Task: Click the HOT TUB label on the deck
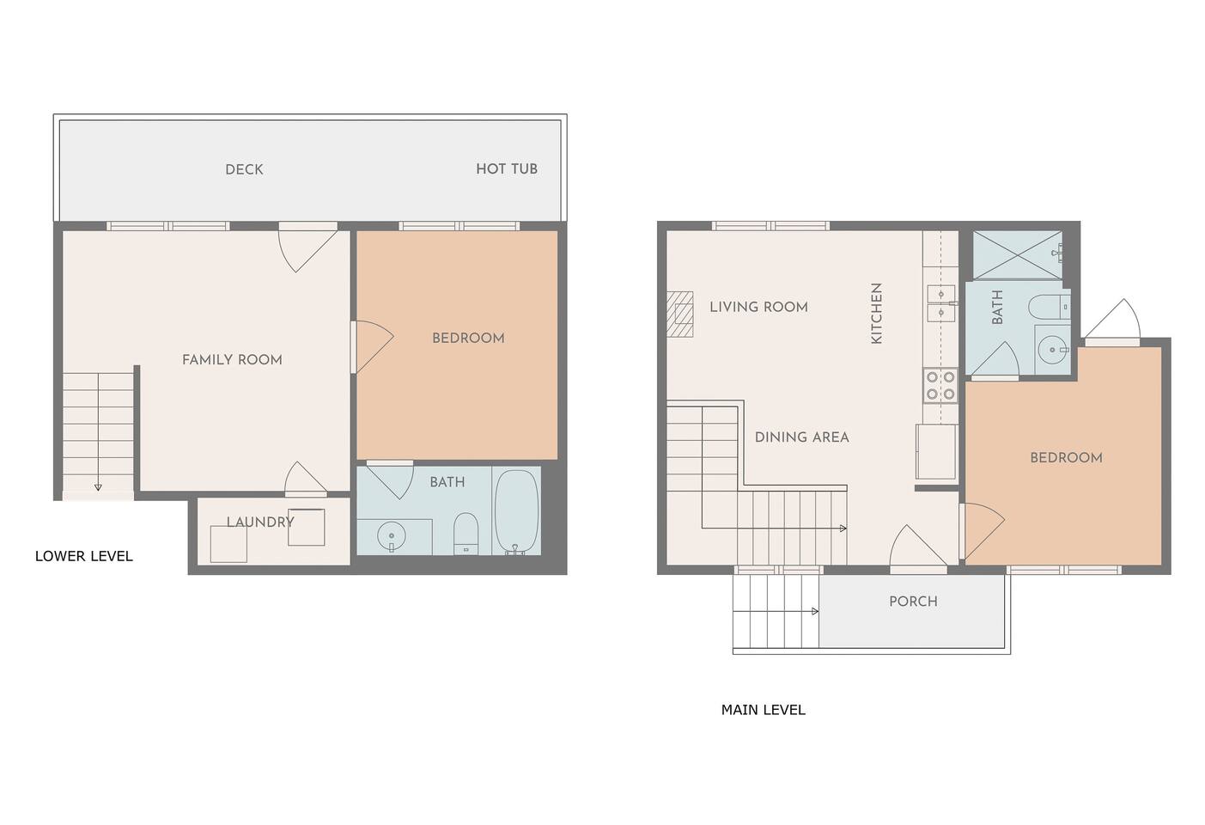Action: click(506, 169)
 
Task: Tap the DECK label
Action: click(244, 169)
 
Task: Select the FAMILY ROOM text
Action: click(232, 359)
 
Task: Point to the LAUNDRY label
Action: click(260, 522)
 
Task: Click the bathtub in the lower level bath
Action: click(516, 512)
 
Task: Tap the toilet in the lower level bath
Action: click(466, 534)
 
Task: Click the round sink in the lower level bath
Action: click(391, 536)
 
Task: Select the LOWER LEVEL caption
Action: click(84, 556)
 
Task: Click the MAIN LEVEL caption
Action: click(763, 710)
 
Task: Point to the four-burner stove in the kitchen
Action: click(940, 385)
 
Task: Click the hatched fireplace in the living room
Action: click(680, 315)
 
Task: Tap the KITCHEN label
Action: click(876, 313)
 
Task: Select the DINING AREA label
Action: click(801, 437)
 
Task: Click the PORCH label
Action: click(913, 601)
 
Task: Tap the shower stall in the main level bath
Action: click(1017, 255)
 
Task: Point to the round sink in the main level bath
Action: click(1052, 351)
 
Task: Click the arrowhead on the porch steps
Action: click(815, 611)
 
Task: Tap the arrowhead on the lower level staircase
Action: click(98, 487)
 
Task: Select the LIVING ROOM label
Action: click(758, 307)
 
